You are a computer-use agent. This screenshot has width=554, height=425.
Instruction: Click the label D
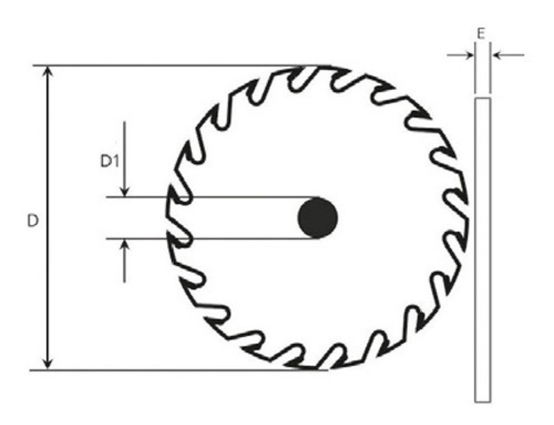[x=32, y=221]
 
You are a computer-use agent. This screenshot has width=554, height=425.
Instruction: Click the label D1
[x=109, y=161]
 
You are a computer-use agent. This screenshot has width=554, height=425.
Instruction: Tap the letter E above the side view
[x=482, y=33]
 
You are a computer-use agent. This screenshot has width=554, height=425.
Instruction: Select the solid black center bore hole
[x=317, y=218]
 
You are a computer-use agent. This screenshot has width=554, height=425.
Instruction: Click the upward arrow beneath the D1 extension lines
[x=124, y=247]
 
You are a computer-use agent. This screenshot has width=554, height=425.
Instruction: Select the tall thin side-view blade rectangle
[x=483, y=249]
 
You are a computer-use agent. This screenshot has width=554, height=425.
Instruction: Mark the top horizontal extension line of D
[x=173, y=66]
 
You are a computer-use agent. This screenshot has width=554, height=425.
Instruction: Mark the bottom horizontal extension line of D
[x=173, y=370]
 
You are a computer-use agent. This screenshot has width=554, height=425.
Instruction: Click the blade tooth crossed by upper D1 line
[x=177, y=197]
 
